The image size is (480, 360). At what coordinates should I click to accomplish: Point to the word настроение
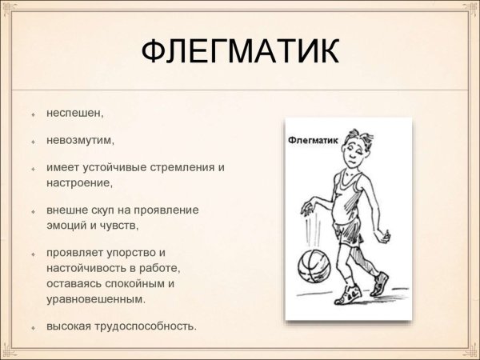click(78, 182)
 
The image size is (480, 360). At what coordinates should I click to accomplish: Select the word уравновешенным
click(94, 298)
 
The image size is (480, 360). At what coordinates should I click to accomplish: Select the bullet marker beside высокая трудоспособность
click(34, 327)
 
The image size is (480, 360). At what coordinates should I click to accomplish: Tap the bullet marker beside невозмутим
click(34, 142)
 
